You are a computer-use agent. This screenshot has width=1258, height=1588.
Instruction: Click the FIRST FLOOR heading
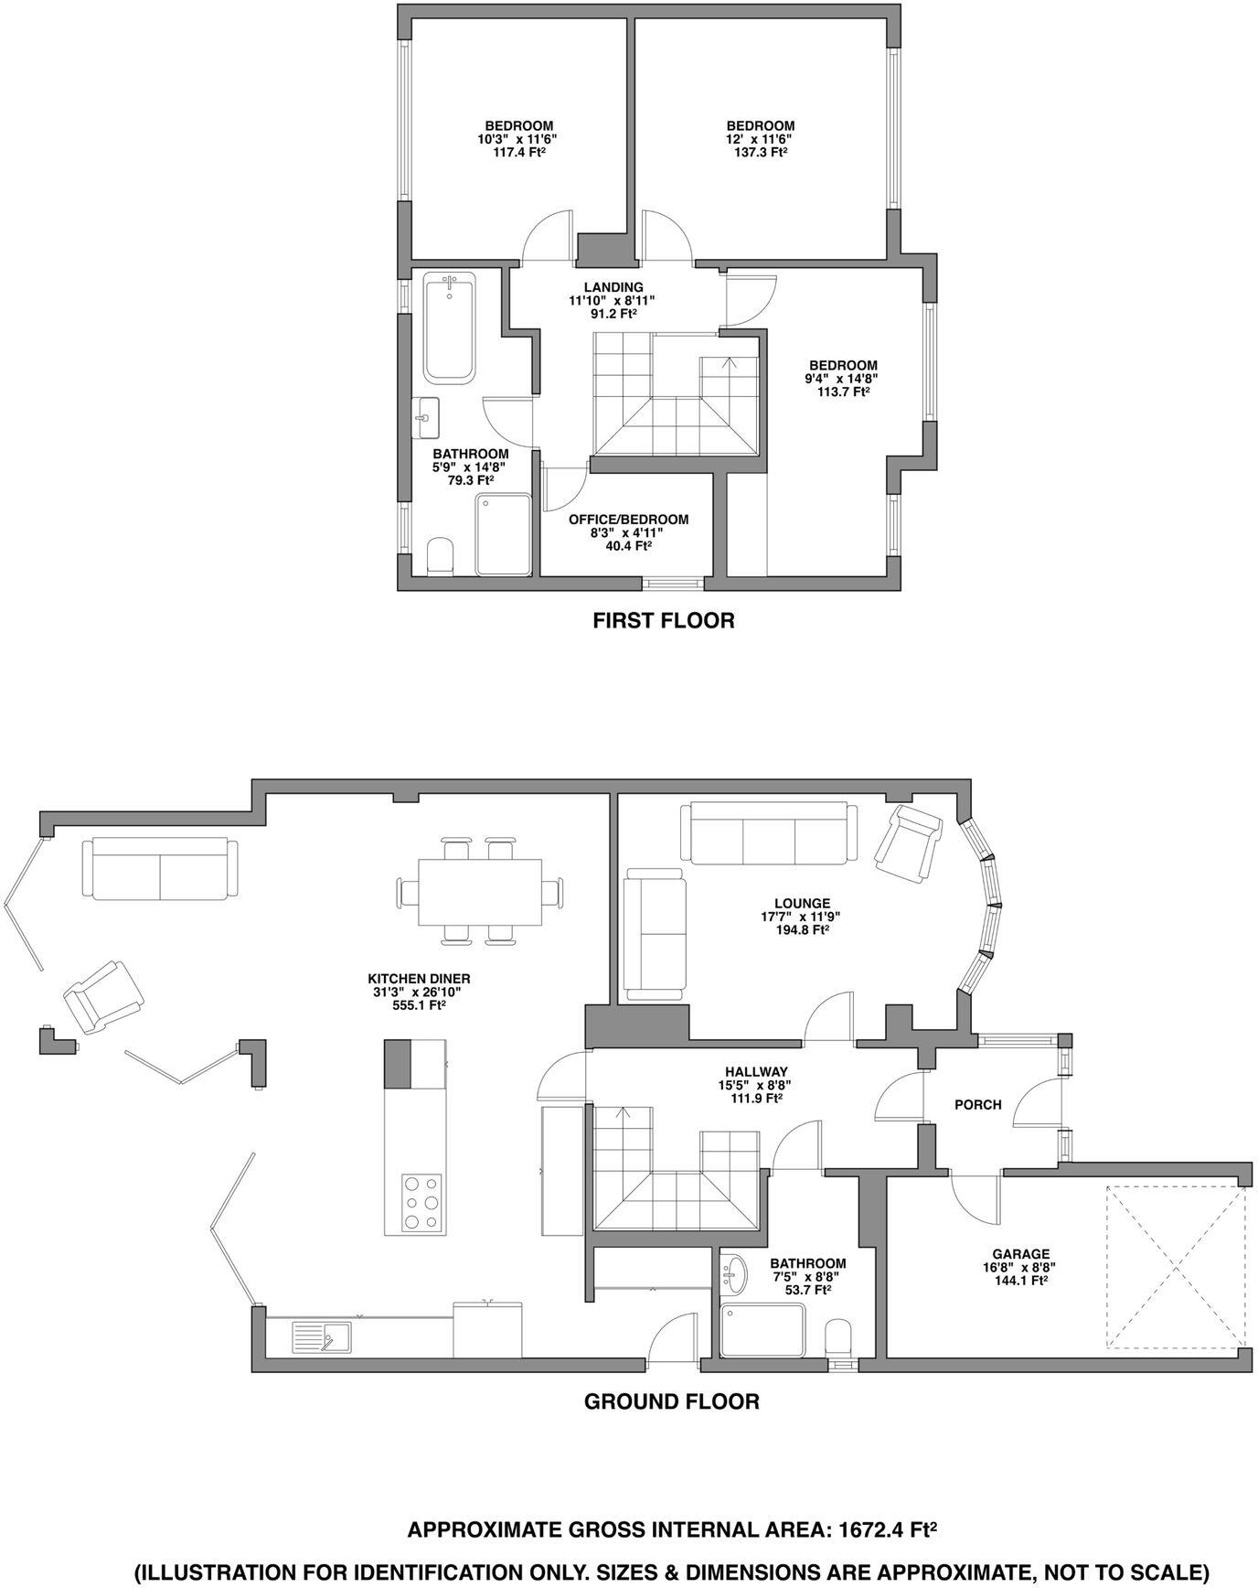tap(663, 621)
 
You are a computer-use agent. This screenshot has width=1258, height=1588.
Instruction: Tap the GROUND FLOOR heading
tap(671, 1401)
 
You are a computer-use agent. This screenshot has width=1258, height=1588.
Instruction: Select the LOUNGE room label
tap(802, 904)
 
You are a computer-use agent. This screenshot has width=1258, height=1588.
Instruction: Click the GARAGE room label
tap(1021, 1254)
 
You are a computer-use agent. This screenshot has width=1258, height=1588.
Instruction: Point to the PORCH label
tap(977, 1105)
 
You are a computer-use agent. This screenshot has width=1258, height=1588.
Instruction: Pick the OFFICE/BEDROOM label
tap(628, 520)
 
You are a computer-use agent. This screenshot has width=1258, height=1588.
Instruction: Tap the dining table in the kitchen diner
tap(480, 892)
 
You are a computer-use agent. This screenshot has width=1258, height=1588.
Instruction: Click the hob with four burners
tap(421, 1203)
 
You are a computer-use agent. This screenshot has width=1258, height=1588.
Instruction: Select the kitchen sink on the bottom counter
tap(323, 1338)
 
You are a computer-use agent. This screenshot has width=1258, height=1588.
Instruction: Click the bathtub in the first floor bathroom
tap(449, 329)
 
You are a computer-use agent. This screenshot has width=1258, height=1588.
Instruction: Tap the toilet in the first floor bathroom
tap(440, 556)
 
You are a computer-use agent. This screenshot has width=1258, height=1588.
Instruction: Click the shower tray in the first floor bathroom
tap(503, 534)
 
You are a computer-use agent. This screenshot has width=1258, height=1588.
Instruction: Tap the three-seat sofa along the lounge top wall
tap(769, 832)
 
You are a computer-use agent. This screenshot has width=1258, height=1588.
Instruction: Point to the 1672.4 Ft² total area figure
tap(890, 1529)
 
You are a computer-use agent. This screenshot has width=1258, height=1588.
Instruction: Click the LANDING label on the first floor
tap(613, 287)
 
